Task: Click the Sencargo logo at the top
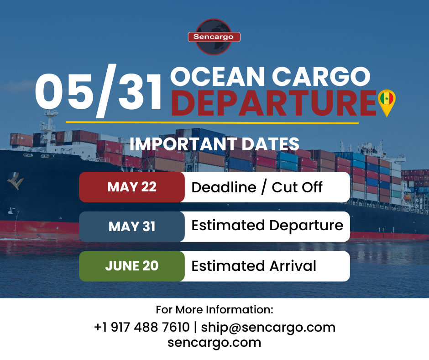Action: [214, 36]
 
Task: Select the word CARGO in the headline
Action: [320, 77]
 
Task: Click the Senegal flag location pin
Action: [387, 101]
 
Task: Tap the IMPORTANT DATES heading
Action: [214, 144]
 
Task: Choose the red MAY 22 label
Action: [132, 187]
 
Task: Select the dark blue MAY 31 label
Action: [132, 227]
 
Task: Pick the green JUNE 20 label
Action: [132, 266]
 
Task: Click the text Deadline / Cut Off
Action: [257, 187]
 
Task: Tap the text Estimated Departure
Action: [267, 226]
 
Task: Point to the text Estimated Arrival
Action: [254, 266]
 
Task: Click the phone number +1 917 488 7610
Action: [141, 327]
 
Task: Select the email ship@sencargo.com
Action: [268, 327]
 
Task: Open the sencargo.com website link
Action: [214, 342]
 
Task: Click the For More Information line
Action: [214, 310]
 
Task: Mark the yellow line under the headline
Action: [212, 122]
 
